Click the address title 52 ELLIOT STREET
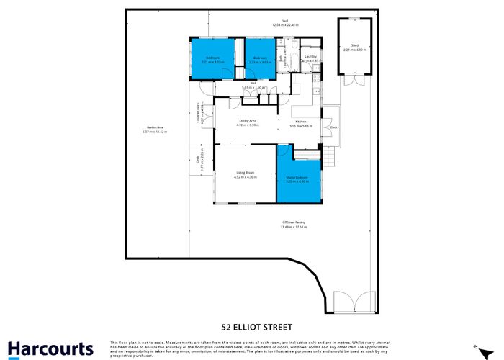(251, 325)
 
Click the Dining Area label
(248, 120)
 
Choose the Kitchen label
(300, 122)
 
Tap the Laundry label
(310, 56)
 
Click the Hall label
(253, 83)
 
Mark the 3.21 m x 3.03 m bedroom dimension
(213, 62)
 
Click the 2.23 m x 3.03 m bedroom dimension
(260, 62)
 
